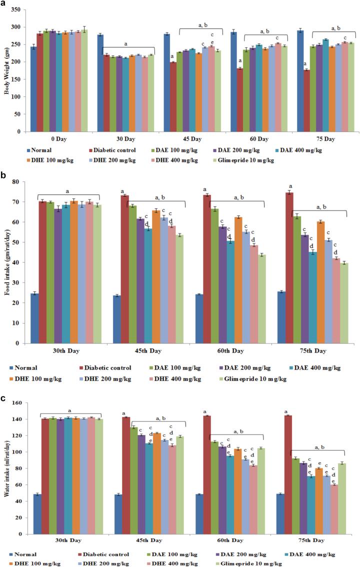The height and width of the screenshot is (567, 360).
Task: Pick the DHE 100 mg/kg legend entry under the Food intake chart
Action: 44,378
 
